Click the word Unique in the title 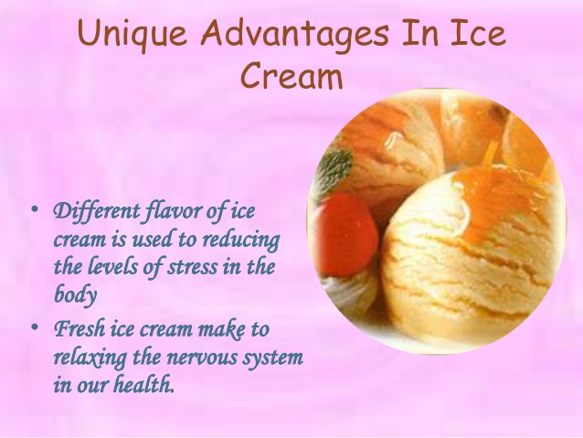pyautogui.click(x=132, y=34)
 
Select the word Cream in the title pyautogui.click(x=291, y=75)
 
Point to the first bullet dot pyautogui.click(x=35, y=208)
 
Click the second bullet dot pyautogui.click(x=35, y=327)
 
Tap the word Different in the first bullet pyautogui.click(x=97, y=212)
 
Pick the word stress pyautogui.click(x=192, y=267)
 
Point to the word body pyautogui.click(x=76, y=294)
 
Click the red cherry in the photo pyautogui.click(x=346, y=234)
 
